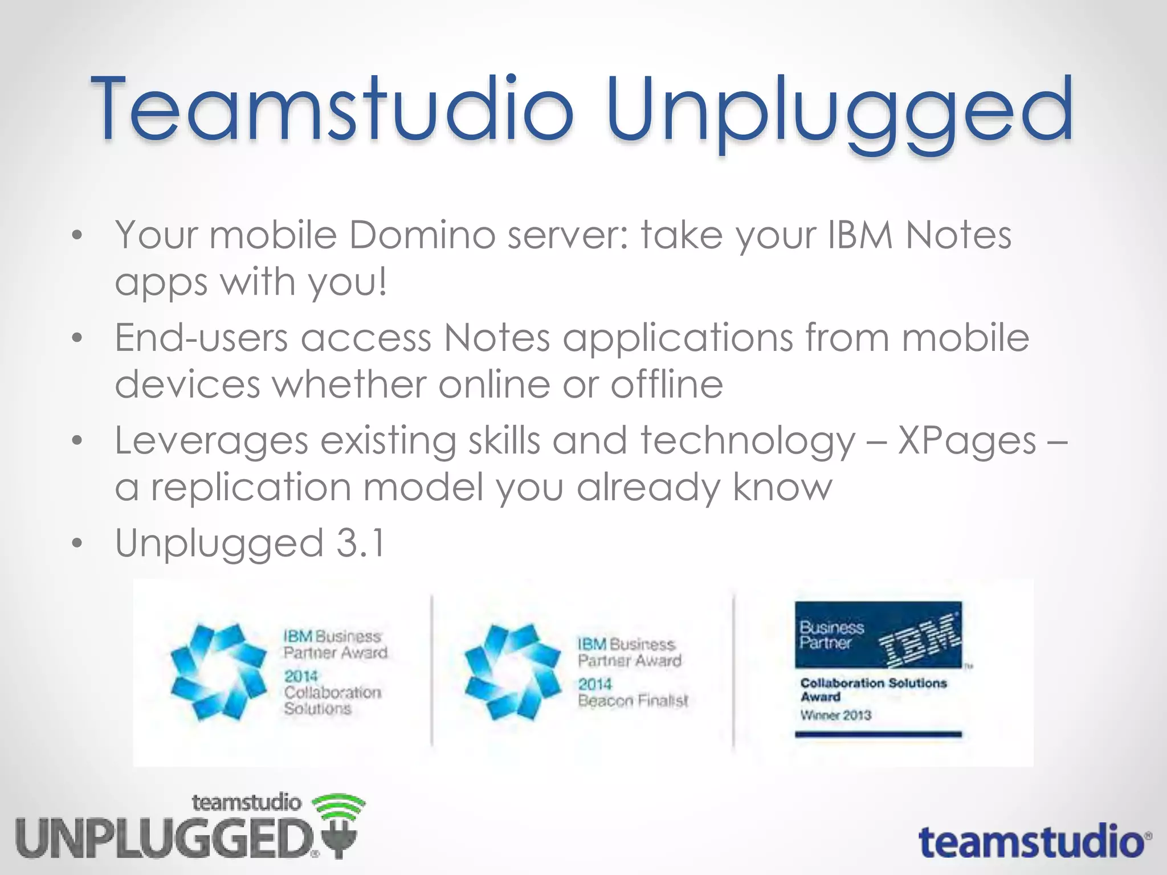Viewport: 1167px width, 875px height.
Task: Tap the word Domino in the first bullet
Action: [x=422, y=235]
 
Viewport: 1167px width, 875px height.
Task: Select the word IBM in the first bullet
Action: [x=859, y=235]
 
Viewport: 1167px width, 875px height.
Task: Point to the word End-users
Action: [x=201, y=338]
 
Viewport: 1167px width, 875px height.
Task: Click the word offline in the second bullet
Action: [x=667, y=385]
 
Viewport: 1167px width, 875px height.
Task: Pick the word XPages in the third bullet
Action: [x=967, y=441]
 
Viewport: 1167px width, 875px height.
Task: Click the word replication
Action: [x=251, y=488]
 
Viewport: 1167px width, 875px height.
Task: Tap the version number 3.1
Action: [x=361, y=543]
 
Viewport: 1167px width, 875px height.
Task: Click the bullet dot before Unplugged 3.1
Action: [x=77, y=543]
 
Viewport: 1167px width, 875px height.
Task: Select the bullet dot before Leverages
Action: [x=77, y=440]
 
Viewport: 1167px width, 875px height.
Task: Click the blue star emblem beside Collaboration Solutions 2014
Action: [x=218, y=672]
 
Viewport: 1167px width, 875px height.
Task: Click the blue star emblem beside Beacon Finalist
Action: [x=512, y=672]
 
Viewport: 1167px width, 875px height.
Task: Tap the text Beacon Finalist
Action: [x=633, y=700]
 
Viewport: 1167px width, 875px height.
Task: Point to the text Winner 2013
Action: [x=836, y=715]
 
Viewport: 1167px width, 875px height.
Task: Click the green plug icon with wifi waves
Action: [x=338, y=823]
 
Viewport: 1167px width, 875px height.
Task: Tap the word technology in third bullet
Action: [x=748, y=441]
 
